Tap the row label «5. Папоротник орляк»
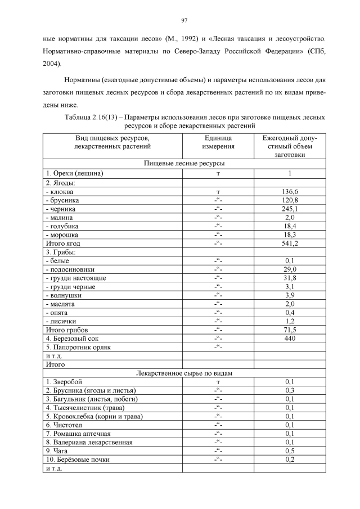click(x=78, y=347)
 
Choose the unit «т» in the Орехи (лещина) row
click(x=218, y=174)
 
